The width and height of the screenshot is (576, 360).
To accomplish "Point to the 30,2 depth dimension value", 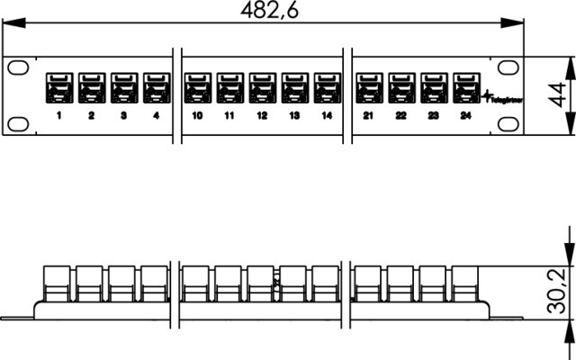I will pyautogui.click(x=560, y=290).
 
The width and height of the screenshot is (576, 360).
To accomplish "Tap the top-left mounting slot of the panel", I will pyautogui.click(x=19, y=67).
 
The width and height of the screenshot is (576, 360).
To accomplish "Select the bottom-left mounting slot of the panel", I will pyautogui.click(x=19, y=123).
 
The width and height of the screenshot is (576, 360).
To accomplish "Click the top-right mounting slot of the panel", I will pyautogui.click(x=509, y=67).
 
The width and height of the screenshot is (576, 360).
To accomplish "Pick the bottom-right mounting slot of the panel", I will pyautogui.click(x=509, y=123).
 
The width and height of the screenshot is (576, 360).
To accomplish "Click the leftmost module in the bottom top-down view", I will pyautogui.click(x=58, y=282).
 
